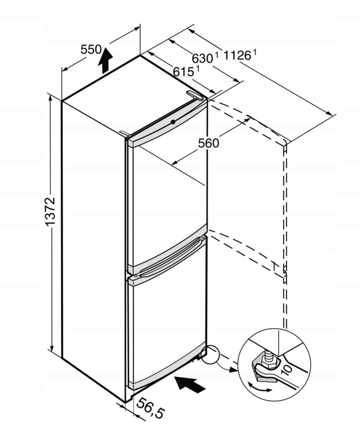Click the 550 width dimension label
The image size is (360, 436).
(x=91, y=50)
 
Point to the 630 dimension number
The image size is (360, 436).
(x=202, y=59)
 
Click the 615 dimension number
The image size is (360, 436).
(x=183, y=72)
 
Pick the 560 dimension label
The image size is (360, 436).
(x=208, y=143)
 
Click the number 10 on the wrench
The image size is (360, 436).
(x=286, y=369)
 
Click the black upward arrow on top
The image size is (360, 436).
(x=105, y=59)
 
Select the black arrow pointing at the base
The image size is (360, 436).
(x=192, y=383)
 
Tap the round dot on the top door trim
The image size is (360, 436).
(x=173, y=122)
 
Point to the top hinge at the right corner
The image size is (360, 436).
(x=196, y=95)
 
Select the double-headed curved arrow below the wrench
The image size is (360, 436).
(x=259, y=388)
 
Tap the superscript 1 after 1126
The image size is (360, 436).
(x=255, y=51)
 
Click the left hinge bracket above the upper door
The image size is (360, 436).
(x=124, y=133)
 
